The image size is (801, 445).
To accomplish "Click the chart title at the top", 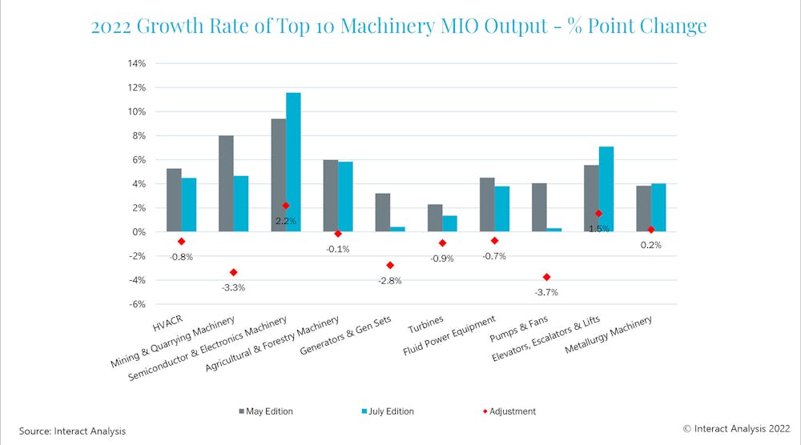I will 399,26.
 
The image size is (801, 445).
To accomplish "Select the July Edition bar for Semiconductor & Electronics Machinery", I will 293,162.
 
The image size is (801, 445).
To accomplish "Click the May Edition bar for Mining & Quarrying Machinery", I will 226,183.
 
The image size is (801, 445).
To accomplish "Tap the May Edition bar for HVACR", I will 174,200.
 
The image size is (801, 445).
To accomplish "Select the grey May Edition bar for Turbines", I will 434,218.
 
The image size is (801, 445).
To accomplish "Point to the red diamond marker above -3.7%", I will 547,277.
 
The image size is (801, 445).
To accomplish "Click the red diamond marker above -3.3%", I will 234,272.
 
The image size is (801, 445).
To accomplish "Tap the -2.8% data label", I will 390,281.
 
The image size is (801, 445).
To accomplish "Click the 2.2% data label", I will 286,220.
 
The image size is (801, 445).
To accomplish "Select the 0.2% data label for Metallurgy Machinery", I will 650,245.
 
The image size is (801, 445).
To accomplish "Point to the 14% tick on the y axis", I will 135,63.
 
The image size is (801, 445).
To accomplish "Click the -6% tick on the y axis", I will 135,304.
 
